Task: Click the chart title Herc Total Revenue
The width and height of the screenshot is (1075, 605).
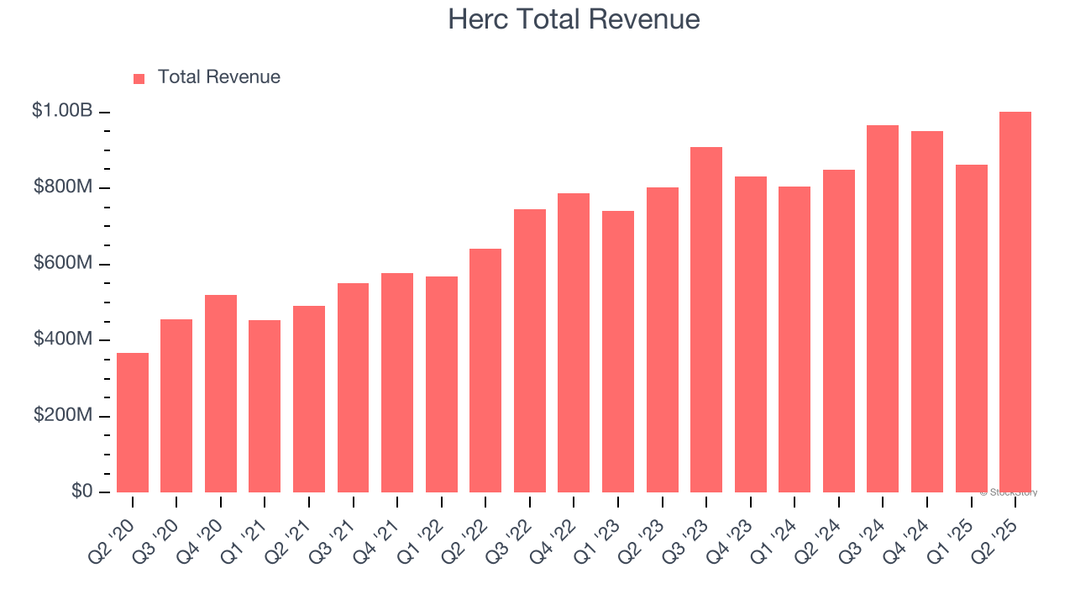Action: click(x=574, y=19)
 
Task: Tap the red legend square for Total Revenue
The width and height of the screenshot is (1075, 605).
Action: click(x=139, y=78)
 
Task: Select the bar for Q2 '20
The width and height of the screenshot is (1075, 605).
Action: click(x=133, y=423)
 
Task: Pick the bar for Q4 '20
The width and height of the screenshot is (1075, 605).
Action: click(x=221, y=393)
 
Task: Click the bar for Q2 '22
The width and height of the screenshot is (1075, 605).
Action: click(x=485, y=371)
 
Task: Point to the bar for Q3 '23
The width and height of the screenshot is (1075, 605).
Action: click(x=706, y=319)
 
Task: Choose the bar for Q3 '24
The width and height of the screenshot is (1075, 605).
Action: click(x=883, y=308)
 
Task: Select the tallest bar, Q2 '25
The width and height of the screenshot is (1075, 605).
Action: click(x=1015, y=302)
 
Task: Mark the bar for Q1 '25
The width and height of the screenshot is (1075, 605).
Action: click(x=971, y=329)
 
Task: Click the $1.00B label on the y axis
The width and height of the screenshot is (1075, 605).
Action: click(x=62, y=110)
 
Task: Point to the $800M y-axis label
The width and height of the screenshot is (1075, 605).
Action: click(x=63, y=187)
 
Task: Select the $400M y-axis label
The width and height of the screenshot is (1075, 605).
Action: click(x=63, y=339)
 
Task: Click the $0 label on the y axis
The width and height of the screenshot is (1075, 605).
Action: click(x=81, y=491)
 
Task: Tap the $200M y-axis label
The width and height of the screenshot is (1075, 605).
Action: click(x=63, y=415)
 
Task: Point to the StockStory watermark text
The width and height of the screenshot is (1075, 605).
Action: click(x=1009, y=492)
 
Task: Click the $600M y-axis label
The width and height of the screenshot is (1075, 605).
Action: click(x=63, y=263)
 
